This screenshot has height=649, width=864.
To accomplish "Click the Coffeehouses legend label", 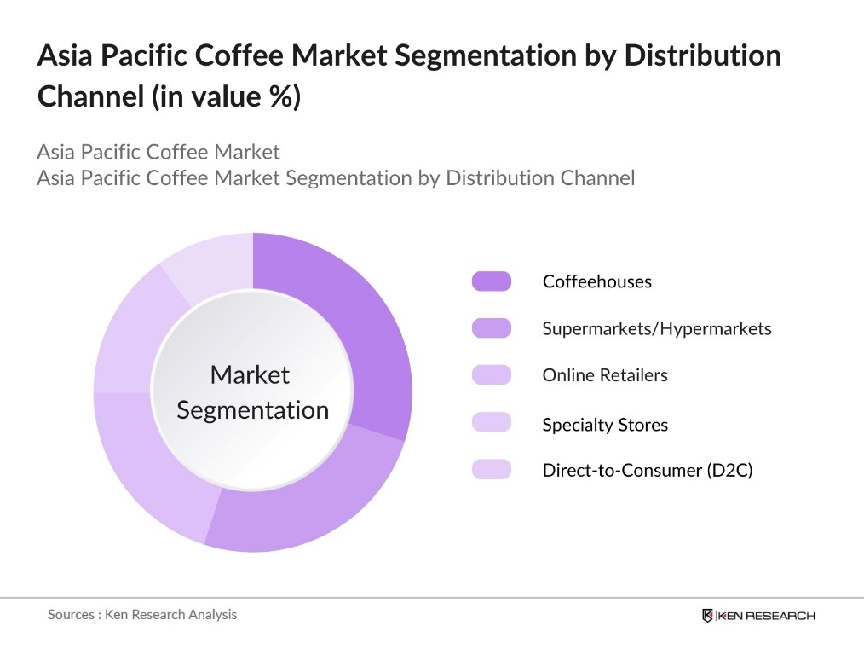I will (596, 281).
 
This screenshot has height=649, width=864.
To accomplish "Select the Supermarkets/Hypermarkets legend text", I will (656, 328).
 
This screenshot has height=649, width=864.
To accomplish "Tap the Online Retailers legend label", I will (605, 375).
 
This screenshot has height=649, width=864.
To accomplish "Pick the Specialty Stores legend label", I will (605, 425).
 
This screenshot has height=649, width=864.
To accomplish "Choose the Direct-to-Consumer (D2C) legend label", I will (648, 470).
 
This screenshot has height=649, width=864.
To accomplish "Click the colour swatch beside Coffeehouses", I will (492, 281).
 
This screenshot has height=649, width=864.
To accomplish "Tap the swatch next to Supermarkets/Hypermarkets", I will (492, 328).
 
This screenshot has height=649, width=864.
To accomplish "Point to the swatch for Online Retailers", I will (492, 375).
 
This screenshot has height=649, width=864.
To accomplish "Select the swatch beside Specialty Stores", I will (492, 422).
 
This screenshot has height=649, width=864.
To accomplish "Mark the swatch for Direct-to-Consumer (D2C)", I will (492, 469).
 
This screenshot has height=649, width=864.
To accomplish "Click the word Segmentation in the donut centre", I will (252, 410).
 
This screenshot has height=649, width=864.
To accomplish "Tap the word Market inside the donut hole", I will (250, 375).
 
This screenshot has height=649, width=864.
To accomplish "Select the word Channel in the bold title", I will (89, 96).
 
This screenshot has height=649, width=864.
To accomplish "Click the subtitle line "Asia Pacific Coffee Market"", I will (158, 153).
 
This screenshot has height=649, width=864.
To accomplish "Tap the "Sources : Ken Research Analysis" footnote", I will (142, 614).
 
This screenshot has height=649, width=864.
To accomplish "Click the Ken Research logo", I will (757, 616).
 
